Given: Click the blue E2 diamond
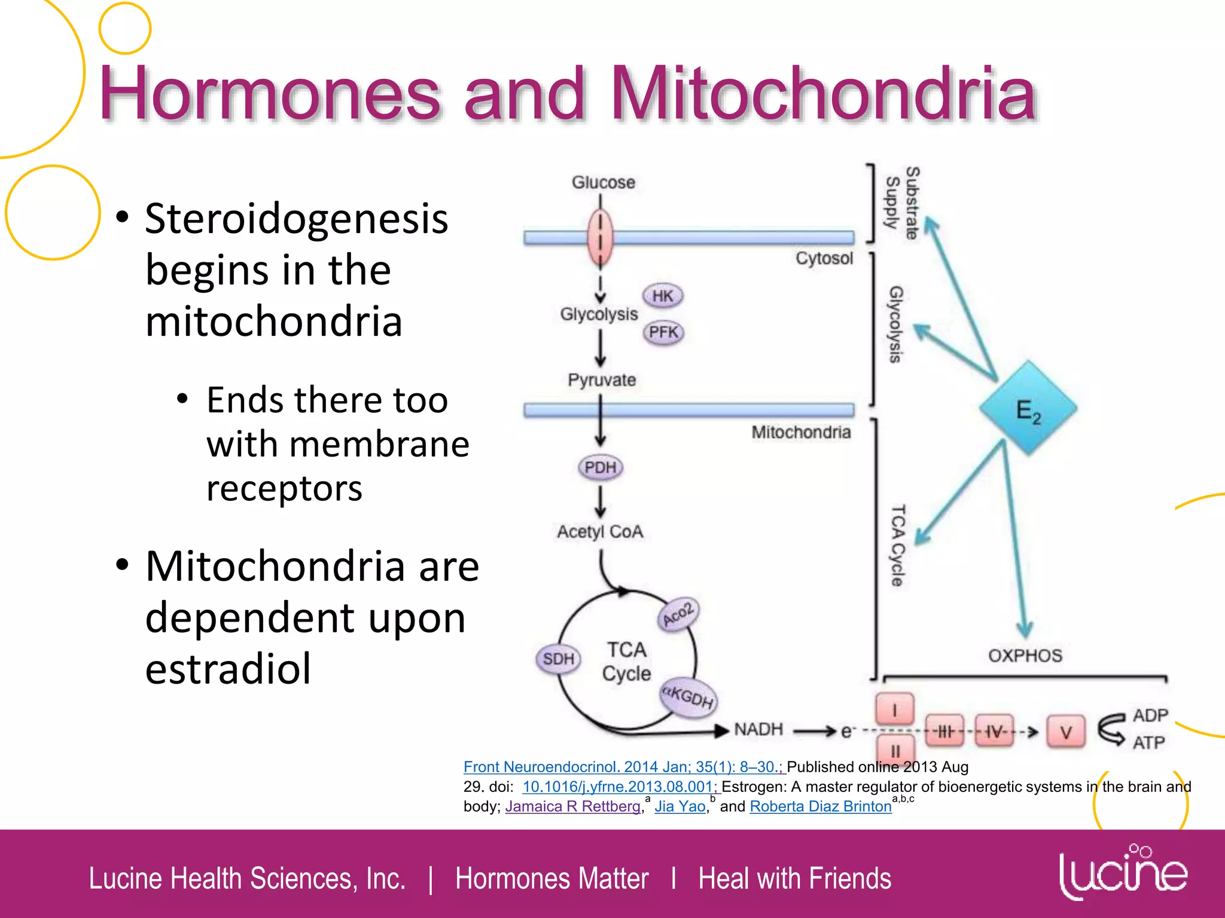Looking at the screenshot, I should (x=1028, y=409).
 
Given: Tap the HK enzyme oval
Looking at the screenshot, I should (x=663, y=296).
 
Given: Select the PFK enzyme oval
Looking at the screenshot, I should (x=663, y=332).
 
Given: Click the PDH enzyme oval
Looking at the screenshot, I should (x=601, y=467).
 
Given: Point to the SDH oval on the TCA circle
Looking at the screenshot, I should (x=558, y=659).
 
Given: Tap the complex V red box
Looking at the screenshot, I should (x=1066, y=732).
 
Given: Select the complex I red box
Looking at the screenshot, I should (x=895, y=709).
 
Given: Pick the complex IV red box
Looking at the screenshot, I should (x=994, y=731).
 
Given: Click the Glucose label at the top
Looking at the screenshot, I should (x=603, y=182).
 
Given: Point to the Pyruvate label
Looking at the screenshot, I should (x=602, y=380).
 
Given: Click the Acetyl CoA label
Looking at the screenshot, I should (x=600, y=531).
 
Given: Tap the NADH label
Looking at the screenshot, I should (x=758, y=729).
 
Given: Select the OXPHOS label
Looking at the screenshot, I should (x=1025, y=656).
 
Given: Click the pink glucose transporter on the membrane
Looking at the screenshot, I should (x=600, y=238).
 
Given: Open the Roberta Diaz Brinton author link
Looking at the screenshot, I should (x=821, y=806).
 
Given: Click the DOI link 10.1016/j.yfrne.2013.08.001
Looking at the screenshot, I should (x=619, y=787).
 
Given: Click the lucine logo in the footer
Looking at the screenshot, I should (x=1123, y=874).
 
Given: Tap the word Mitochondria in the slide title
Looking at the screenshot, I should (x=823, y=94).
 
